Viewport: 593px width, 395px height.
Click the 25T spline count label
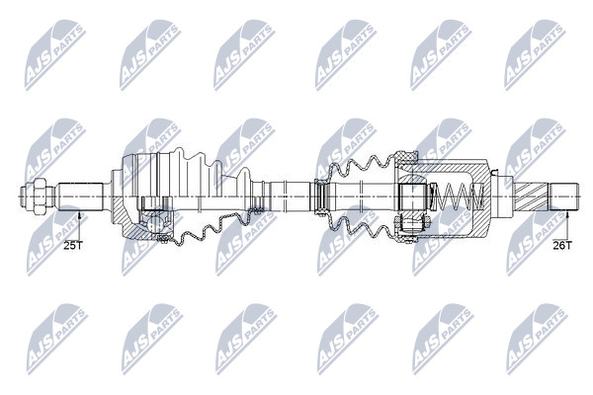(72, 245)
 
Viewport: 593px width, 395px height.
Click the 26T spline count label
(562, 245)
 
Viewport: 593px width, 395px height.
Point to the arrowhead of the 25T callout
(79, 215)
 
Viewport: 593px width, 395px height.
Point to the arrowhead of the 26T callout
(567, 214)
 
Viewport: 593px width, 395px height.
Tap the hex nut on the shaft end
(39, 196)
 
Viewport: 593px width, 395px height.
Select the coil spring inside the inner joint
(459, 197)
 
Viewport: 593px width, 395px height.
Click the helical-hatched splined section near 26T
(531, 197)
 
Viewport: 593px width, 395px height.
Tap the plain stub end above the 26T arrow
(563, 197)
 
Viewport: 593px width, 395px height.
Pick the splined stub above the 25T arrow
(81, 196)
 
